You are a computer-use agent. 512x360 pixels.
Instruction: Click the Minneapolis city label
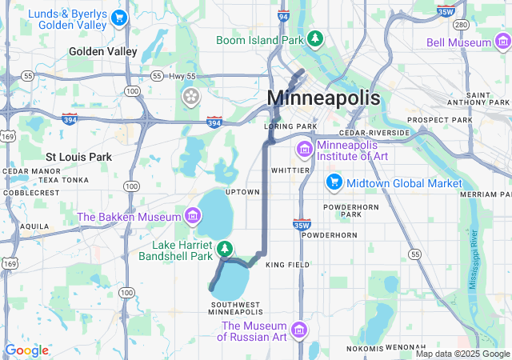pyautogui.click(x=323, y=98)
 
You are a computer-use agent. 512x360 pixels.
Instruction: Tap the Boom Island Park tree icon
pyautogui.click(x=316, y=38)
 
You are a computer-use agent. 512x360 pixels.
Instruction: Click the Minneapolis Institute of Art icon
pyautogui.click(x=305, y=149)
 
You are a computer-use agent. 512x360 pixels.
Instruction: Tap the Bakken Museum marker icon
pyautogui.click(x=191, y=216)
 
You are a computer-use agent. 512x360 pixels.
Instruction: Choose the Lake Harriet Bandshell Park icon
pyautogui.click(x=226, y=250)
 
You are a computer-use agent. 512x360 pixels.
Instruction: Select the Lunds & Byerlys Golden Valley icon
pyautogui.click(x=119, y=17)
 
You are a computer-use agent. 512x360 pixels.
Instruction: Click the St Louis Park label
pyautogui.click(x=78, y=157)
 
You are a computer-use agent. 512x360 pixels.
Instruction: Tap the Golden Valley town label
pyautogui.click(x=103, y=51)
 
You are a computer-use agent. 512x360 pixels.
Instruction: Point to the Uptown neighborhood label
pyautogui.click(x=242, y=192)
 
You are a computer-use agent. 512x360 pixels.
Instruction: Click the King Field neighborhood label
pyautogui.click(x=286, y=264)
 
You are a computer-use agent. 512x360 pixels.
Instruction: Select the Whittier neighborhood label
pyautogui.click(x=290, y=170)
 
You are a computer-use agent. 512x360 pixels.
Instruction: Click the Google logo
pyautogui.click(x=26, y=350)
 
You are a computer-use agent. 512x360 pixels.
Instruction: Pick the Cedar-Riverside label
pyautogui.click(x=374, y=133)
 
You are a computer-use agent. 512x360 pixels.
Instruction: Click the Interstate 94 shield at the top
pyautogui.click(x=283, y=15)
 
